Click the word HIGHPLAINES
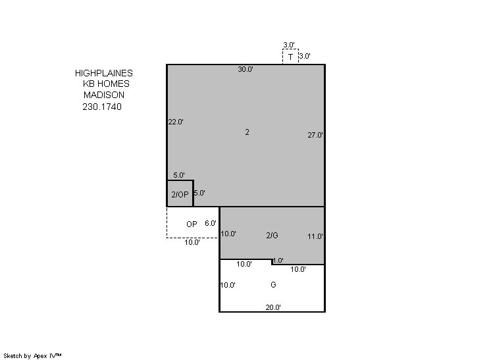[x=103, y=73]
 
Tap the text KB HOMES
[x=106, y=84]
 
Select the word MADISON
[x=104, y=95]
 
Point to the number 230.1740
[x=102, y=107]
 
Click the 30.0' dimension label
[x=245, y=69]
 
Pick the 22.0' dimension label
[x=176, y=122]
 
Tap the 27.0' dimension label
[x=315, y=135]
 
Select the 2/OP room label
[x=180, y=194]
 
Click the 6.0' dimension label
[x=211, y=223]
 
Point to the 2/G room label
[x=272, y=236]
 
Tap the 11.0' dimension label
[x=315, y=236]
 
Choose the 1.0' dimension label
[x=278, y=260]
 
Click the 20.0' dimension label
[x=273, y=307]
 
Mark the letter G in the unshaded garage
[x=273, y=284]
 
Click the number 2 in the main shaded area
[x=247, y=132]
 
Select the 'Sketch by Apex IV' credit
[x=32, y=355]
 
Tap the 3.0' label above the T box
[x=289, y=45]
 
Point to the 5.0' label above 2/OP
[x=179, y=175]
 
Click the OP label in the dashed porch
[x=192, y=224]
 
